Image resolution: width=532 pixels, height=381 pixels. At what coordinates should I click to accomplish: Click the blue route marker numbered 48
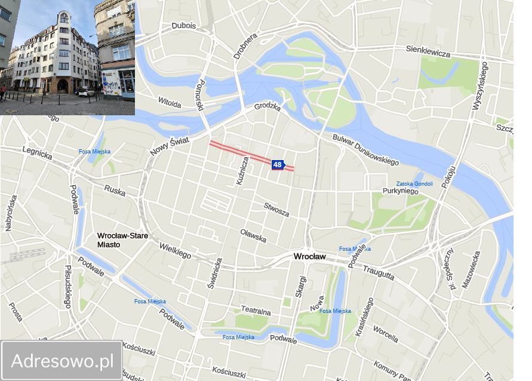click(278, 165)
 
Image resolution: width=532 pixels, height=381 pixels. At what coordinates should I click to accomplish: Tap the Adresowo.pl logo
click(62, 360)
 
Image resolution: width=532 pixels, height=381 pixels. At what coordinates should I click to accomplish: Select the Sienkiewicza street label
click(428, 51)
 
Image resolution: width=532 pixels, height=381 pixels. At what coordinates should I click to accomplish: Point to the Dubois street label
click(183, 26)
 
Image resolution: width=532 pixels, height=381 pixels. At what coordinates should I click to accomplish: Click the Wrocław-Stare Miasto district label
click(122, 240)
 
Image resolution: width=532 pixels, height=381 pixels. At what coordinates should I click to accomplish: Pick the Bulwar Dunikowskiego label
click(365, 150)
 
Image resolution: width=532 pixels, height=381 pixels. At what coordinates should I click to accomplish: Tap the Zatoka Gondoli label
click(414, 183)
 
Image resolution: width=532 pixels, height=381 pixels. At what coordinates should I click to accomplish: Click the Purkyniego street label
click(400, 191)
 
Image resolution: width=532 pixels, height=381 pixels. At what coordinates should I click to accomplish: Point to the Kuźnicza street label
click(242, 170)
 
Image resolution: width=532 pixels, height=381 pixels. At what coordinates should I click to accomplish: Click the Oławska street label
click(253, 235)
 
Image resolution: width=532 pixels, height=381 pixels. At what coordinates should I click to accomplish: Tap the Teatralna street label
click(256, 311)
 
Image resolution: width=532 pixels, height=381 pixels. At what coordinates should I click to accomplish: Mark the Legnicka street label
click(37, 153)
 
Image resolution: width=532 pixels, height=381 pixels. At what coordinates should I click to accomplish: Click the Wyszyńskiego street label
click(479, 86)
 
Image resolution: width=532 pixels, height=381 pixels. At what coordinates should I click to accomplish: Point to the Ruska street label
click(115, 190)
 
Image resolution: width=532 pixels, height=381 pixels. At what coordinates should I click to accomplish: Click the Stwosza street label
click(276, 210)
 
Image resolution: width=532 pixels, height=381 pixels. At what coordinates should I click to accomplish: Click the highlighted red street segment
click(239, 151)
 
